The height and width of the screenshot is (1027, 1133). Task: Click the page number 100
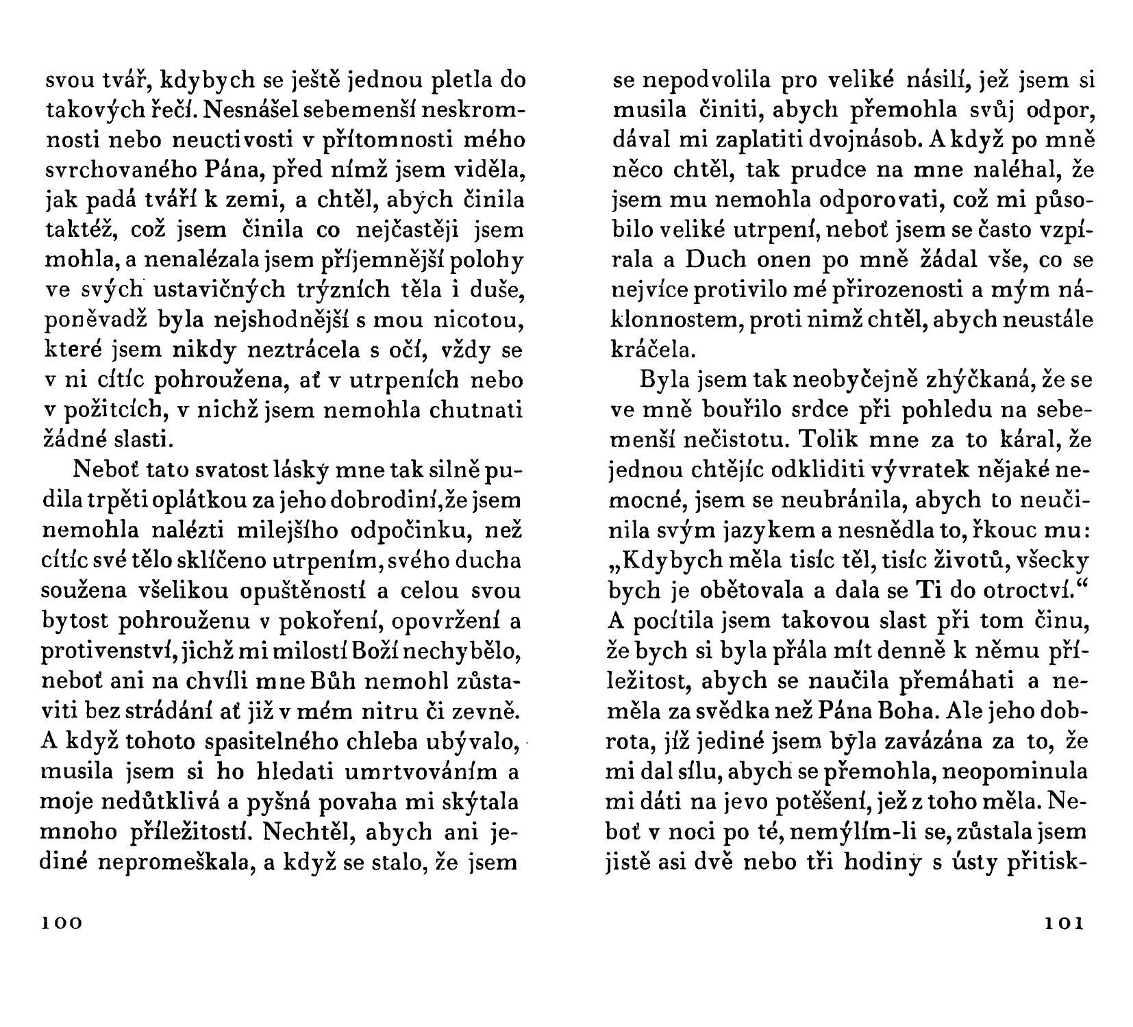pos(62,923)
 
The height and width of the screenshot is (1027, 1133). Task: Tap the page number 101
pos(1064,923)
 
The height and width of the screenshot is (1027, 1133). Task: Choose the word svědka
pos(777,711)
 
